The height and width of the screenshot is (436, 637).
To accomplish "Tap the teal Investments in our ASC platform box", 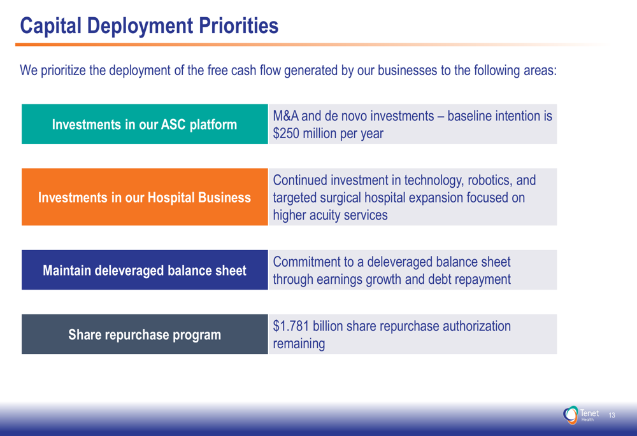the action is (x=145, y=124).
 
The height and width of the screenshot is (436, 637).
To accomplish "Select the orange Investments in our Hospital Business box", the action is (x=145, y=197).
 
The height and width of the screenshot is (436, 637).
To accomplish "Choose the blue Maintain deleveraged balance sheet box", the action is (x=145, y=270).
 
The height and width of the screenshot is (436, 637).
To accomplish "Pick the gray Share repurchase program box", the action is (x=145, y=334).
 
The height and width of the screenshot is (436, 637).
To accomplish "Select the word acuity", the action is (x=325, y=215).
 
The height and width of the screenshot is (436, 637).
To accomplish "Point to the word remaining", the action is (x=299, y=344).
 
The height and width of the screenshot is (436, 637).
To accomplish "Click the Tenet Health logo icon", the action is (x=570, y=415).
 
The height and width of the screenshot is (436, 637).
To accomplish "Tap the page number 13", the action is (x=612, y=415).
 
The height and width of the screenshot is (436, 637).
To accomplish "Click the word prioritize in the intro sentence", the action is (x=63, y=71).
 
